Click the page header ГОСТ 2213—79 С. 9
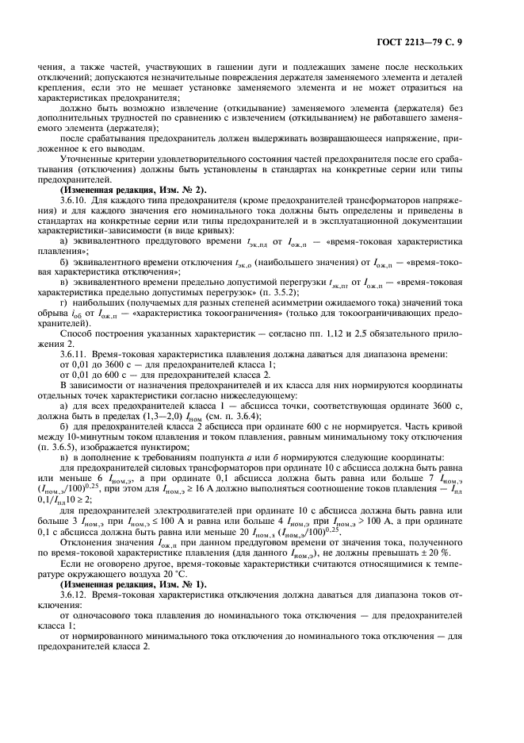click(449, 40)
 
